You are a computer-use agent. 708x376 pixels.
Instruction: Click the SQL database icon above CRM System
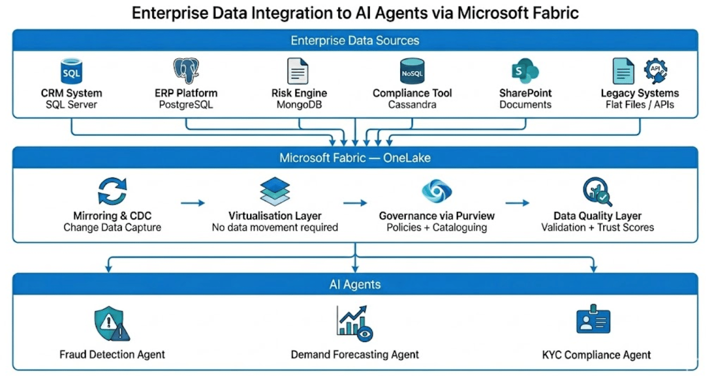[x=72, y=72]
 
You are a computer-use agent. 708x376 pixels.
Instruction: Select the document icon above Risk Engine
[x=298, y=72]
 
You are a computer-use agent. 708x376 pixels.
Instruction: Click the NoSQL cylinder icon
[x=411, y=72]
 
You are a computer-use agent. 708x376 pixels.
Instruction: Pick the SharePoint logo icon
[x=525, y=72]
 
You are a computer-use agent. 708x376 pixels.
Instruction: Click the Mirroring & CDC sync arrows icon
[x=112, y=191]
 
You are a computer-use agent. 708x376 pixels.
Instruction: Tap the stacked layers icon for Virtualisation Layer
[x=275, y=191]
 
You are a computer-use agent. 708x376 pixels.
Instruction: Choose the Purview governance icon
[x=436, y=191]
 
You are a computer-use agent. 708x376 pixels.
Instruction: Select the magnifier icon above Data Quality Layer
[x=597, y=192]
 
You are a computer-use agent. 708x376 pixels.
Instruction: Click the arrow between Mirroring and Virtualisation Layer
[x=192, y=202]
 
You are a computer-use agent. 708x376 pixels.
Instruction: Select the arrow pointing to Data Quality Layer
[x=517, y=202]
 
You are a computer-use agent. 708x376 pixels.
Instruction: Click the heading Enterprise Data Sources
[x=355, y=41]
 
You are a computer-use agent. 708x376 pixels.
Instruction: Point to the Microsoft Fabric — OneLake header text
[x=355, y=158]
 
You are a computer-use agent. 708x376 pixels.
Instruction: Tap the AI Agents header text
[x=355, y=285]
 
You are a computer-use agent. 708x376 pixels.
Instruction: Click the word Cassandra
[x=412, y=105]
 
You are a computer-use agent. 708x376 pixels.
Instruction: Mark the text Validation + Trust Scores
[x=598, y=228]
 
